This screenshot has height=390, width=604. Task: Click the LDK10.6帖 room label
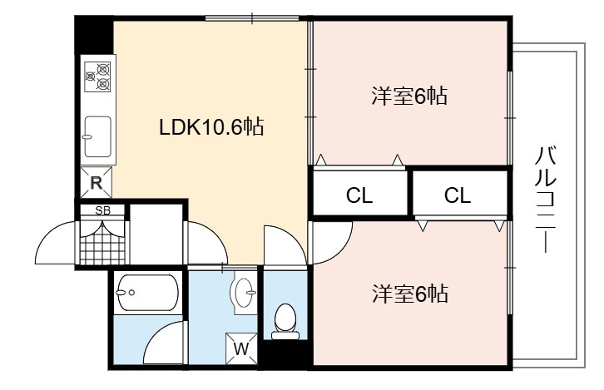pos(211,127)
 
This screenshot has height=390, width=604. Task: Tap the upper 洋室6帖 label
pos(409,96)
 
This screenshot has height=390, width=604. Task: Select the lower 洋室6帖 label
pos(410,294)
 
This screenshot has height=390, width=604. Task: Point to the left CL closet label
pos(359,195)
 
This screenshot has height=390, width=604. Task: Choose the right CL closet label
pos(458,195)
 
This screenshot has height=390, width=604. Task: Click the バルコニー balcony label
pos(547,199)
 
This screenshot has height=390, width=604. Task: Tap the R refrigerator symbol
pos(96,182)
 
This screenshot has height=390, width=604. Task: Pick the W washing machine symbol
pos(241,348)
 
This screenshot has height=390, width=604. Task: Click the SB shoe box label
pos(102,210)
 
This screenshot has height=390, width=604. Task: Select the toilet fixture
pos(285,322)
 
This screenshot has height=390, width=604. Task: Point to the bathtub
pos(147,293)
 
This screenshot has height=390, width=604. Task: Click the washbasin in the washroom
pos(244,293)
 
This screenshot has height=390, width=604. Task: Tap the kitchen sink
pos(98,136)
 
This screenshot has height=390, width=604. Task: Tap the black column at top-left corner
pos(94,35)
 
